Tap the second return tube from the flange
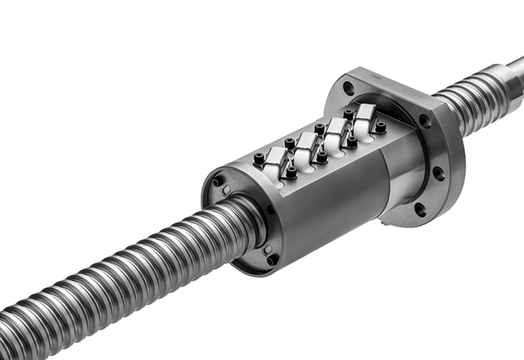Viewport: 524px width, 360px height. (x=336, y=133)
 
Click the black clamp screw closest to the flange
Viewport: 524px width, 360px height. (x=381, y=127)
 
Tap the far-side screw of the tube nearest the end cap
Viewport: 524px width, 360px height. (x=260, y=158)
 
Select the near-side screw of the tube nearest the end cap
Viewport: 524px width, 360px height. (x=290, y=173)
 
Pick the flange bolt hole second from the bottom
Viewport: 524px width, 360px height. (x=438, y=173)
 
